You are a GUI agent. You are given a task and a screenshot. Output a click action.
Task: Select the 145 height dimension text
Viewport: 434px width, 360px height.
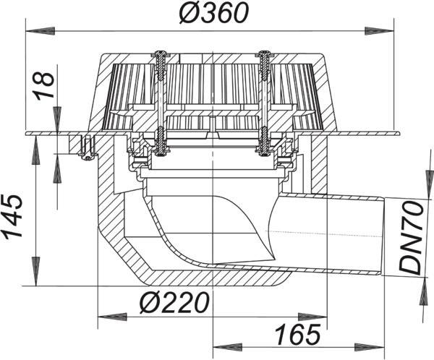pos(12,216)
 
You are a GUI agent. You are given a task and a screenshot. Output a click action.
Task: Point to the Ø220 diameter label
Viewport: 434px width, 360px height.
pos(174,302)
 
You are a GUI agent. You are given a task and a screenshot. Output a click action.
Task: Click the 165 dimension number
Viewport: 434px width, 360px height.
pos(298,334)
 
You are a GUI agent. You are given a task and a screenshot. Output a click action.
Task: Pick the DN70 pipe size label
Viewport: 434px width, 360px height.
pos(411,239)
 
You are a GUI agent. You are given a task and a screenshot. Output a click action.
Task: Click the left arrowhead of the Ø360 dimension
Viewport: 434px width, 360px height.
pos(40,30)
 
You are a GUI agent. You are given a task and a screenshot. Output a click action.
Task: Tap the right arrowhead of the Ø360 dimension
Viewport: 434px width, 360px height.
pos(379,30)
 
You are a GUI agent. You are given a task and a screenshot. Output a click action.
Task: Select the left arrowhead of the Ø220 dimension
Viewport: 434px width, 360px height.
pos(113,317)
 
